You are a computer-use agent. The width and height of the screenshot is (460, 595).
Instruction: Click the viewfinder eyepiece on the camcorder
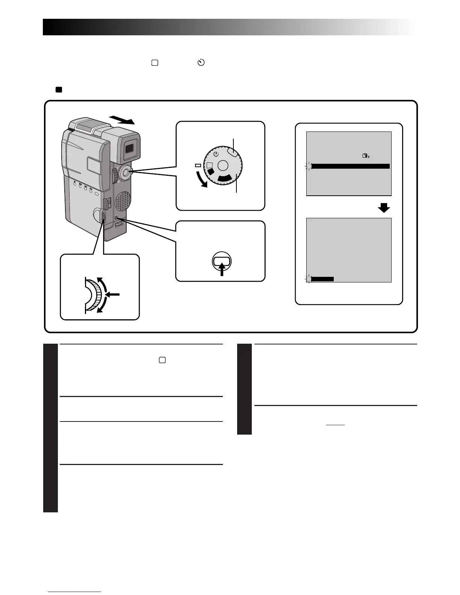pos(129,148)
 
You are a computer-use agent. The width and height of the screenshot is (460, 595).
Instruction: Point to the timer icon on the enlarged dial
pos(216,154)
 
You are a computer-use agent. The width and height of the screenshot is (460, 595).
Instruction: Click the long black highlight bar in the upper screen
pos(350,166)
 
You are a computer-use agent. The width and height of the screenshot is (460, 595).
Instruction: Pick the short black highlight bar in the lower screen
pos(322,279)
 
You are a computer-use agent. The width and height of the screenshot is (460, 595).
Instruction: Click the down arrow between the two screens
pos(384,207)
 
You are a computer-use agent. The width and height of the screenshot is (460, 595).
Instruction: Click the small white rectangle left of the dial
pos(198,165)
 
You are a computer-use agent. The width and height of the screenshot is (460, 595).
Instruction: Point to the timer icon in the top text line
pos(201,63)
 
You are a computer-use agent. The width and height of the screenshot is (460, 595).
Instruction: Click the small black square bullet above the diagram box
pos(58,90)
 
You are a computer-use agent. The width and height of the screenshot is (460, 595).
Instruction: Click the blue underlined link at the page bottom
pos(74,592)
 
